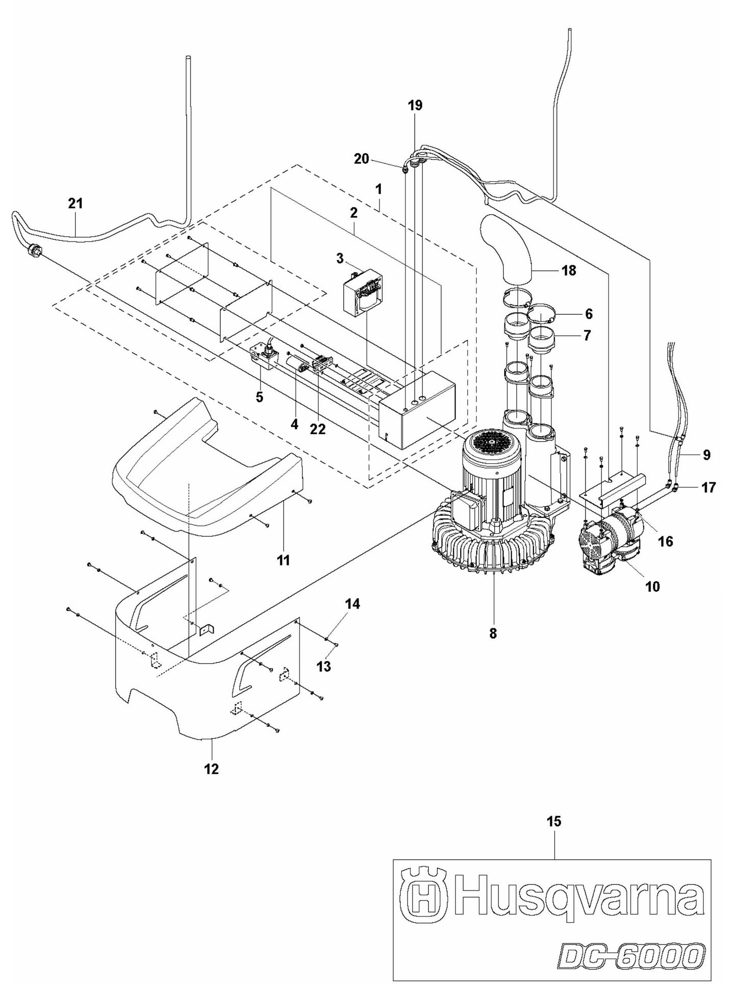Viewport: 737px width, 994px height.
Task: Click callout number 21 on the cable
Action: tap(75, 204)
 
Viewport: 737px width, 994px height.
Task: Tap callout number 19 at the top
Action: tap(415, 106)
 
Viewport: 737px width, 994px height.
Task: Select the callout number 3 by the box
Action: tap(340, 258)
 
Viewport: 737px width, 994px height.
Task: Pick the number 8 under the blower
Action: tap(492, 633)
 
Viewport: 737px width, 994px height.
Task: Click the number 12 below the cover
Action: tap(211, 768)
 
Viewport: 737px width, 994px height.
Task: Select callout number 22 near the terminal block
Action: tap(318, 430)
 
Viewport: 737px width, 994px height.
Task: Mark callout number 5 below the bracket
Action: tap(259, 397)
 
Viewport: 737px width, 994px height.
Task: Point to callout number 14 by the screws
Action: tap(352, 604)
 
